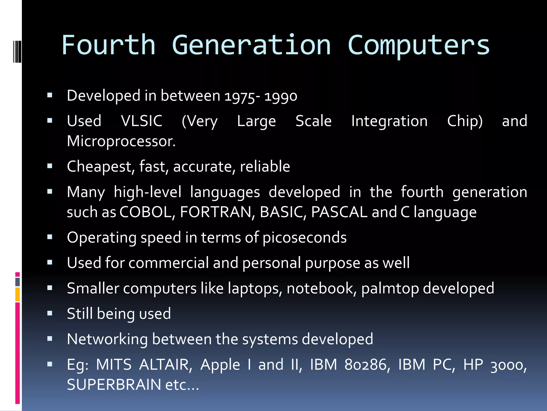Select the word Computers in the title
tap(419, 45)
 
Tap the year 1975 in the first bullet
tap(240, 96)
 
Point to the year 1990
tap(281, 96)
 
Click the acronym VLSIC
tap(142, 121)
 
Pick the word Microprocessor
tap(121, 141)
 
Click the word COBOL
tap(147, 212)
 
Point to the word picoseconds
tap(304, 238)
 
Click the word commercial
tap(169, 263)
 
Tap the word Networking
tap(107, 339)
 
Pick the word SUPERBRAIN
tap(114, 385)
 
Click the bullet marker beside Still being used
tap(50, 313)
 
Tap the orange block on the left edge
tap(18, 294)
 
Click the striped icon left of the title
tap(17, 51)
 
